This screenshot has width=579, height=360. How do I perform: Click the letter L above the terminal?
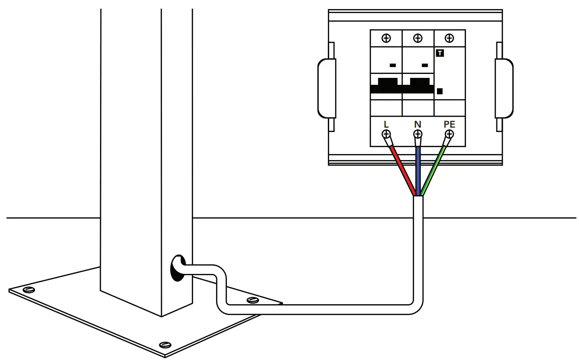(386, 125)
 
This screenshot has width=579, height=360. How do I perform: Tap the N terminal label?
(417, 125)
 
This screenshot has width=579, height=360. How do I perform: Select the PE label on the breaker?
(450, 125)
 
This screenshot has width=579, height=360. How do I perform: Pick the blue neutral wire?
(418, 169)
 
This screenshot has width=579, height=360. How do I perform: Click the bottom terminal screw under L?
(386, 134)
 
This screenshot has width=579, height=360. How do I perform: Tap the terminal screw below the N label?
(417, 134)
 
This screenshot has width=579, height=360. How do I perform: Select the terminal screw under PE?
(450, 134)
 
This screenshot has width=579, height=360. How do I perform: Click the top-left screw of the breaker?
(386, 38)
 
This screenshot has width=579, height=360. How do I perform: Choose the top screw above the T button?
(450, 38)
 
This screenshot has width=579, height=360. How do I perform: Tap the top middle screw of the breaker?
(418, 38)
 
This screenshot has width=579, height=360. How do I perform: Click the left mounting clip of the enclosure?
(327, 88)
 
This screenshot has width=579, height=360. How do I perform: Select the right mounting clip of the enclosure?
(504, 88)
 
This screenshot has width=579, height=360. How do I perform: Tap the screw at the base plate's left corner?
(29, 289)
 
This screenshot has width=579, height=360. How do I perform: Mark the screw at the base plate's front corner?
(165, 344)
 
